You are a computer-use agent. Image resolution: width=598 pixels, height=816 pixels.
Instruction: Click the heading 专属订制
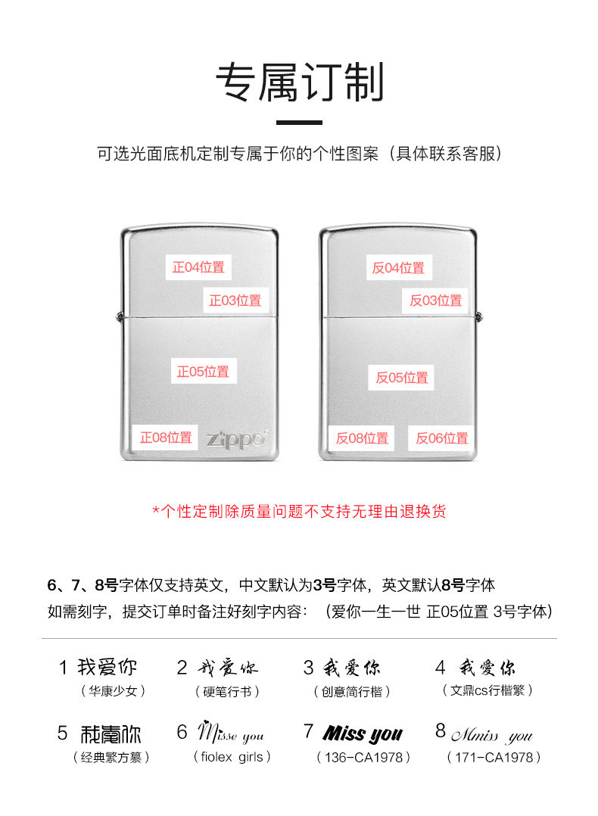pos(299,83)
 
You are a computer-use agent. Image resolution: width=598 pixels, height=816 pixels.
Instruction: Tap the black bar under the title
pos(299,122)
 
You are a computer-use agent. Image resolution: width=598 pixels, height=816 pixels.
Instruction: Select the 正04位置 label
pos(198,267)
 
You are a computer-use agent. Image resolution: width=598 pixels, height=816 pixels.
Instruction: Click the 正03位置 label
pos(235,300)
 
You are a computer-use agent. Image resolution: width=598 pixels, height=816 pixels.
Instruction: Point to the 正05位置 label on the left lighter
pos(203,372)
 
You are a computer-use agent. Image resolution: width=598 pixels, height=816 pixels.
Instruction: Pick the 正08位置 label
pos(166,438)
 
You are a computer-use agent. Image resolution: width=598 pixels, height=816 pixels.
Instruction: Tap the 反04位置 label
pos(398,267)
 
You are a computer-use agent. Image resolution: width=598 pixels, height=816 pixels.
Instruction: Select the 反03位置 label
pos(436,300)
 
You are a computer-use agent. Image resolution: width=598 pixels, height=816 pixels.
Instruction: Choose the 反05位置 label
pos(402,377)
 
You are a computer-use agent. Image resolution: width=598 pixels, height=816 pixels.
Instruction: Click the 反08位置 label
pos(362,438)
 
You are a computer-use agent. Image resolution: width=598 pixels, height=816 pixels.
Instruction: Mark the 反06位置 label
pos(442,438)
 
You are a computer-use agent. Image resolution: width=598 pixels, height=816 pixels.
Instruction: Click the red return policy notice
pos(299,511)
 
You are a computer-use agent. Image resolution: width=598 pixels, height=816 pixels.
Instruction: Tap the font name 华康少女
pos(113,690)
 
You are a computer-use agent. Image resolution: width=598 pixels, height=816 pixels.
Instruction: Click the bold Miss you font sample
pos(363,733)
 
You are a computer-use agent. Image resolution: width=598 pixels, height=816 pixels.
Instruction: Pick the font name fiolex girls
pos(232,757)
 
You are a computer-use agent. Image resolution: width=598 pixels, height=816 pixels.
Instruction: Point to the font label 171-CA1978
pos(494,757)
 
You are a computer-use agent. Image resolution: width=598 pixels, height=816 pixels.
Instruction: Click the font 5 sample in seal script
pos(111,733)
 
